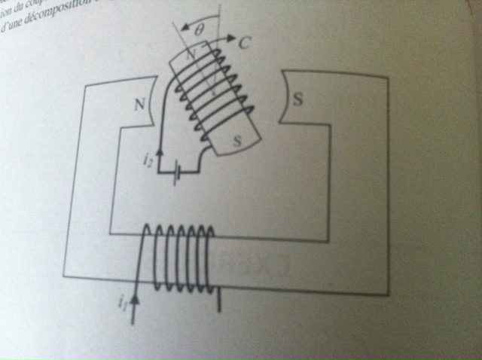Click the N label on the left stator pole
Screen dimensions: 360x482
[x=139, y=105]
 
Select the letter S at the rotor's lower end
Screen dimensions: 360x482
[x=238, y=140]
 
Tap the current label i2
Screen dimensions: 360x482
[x=148, y=160]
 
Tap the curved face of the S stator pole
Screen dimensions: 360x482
[x=283, y=105]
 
